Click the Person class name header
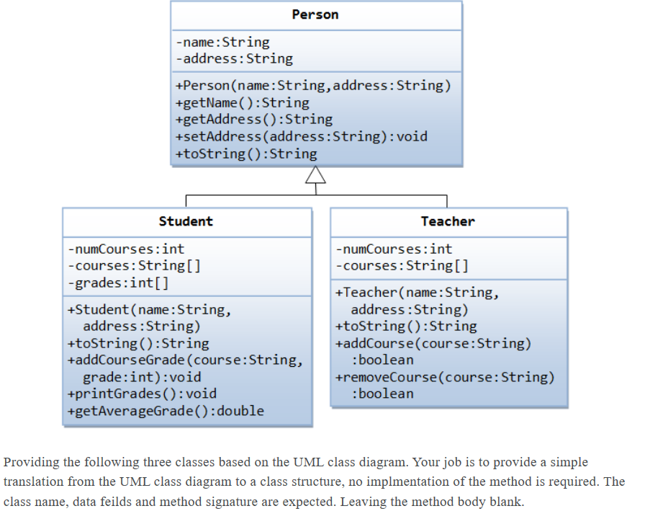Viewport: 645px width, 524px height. point(315,14)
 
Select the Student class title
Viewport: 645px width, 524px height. point(186,221)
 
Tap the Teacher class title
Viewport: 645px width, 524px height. point(448,221)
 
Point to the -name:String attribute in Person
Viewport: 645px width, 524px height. point(222,43)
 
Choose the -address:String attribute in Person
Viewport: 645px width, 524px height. point(234,58)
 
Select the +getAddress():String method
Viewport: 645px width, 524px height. point(253,119)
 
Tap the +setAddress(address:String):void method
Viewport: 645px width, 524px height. point(301,136)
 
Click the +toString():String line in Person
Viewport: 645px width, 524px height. point(245,154)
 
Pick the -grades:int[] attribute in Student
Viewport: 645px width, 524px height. point(118,283)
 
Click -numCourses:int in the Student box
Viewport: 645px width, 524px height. point(126,249)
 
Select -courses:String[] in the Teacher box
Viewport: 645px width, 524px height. point(402,266)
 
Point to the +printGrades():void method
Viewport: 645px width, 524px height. point(141,394)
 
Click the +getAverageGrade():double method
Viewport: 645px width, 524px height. point(165,411)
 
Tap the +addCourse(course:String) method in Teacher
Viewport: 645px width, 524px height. point(433,343)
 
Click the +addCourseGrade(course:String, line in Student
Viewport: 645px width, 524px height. point(184,360)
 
